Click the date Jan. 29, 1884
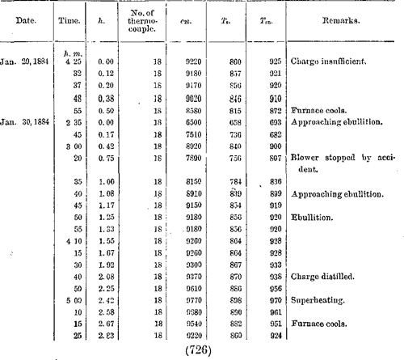pos(27,61)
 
